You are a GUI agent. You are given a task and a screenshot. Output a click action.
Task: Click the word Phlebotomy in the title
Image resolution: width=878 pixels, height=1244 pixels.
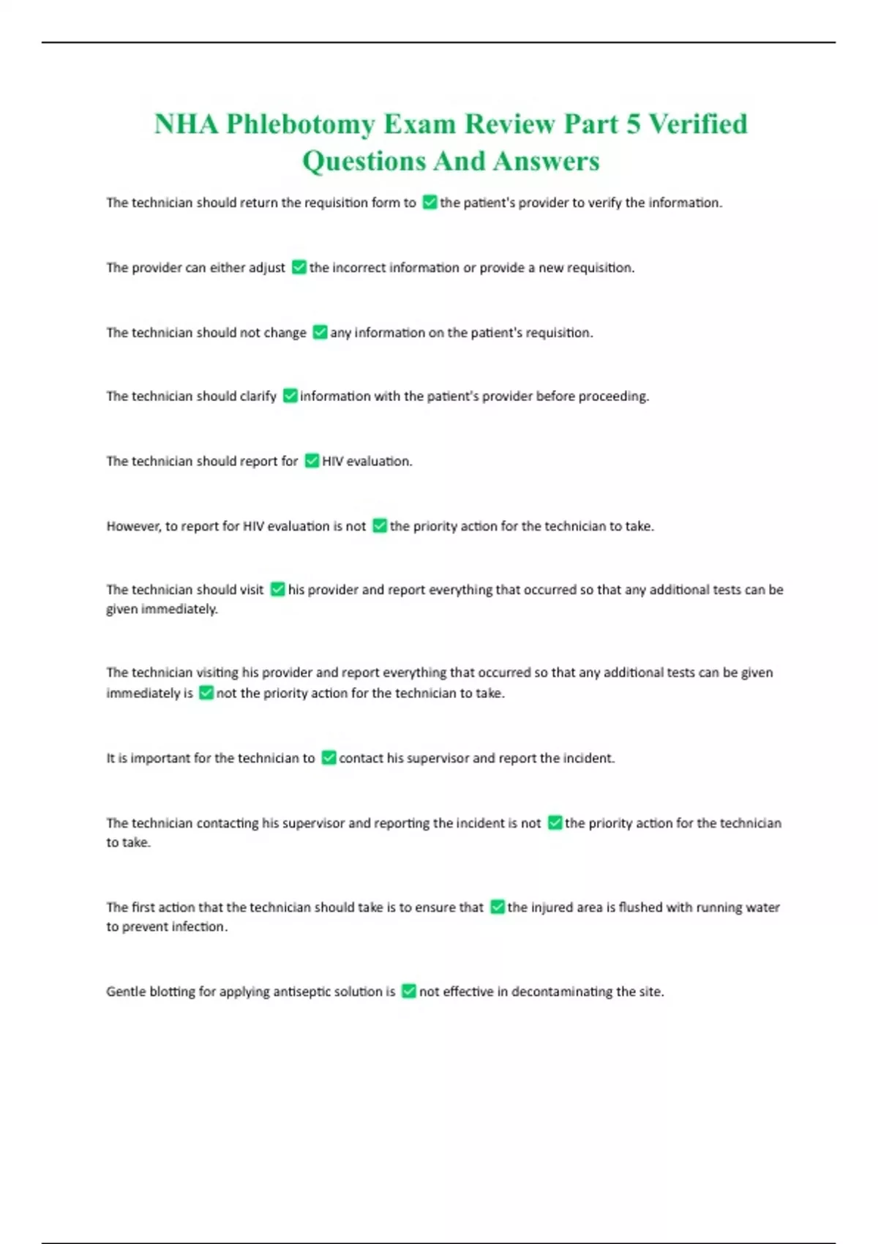point(300,124)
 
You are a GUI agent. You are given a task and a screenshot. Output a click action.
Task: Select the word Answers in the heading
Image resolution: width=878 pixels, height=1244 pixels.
point(546,161)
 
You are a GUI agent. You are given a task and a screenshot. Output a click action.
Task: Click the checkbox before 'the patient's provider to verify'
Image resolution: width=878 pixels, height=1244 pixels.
point(429,203)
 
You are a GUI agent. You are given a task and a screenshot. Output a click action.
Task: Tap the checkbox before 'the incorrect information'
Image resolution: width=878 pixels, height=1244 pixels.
point(299,267)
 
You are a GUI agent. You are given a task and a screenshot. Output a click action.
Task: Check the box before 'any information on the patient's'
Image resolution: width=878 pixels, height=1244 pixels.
point(320,332)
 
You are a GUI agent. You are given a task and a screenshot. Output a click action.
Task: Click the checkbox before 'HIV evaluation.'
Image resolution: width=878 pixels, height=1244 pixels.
point(312,461)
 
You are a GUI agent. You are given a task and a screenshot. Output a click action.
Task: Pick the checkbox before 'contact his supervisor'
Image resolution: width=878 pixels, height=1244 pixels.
point(329,758)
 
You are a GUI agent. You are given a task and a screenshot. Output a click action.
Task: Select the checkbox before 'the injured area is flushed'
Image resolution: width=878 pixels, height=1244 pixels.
point(497,907)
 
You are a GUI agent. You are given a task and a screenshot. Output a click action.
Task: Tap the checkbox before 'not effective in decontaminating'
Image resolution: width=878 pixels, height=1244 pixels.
point(409,992)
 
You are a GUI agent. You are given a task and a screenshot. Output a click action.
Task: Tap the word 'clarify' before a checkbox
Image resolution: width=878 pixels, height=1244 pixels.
point(258,397)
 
